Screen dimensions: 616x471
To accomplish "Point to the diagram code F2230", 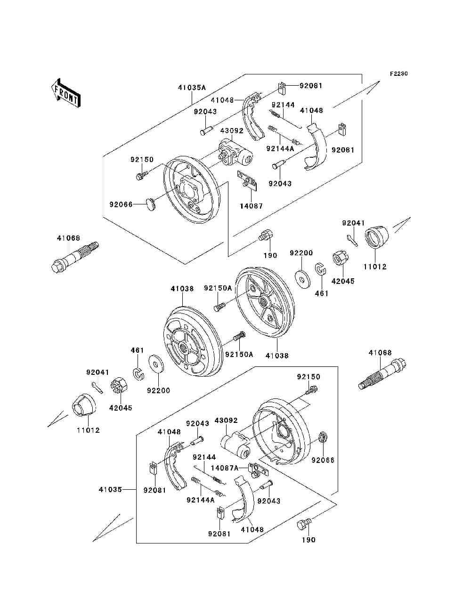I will pyautogui.click(x=398, y=74).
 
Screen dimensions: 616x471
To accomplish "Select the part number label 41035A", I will pyautogui.click(x=192, y=87).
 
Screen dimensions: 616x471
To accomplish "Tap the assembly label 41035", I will pyautogui.click(x=110, y=489).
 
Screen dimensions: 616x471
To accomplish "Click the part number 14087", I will pyautogui.click(x=251, y=206).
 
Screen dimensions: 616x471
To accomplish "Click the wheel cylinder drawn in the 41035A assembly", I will pyautogui.click(x=234, y=153).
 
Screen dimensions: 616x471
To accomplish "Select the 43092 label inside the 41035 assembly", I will pyautogui.click(x=226, y=420).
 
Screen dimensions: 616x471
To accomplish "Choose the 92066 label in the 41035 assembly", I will pyautogui.click(x=323, y=460).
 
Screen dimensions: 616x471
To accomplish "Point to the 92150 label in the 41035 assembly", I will pyautogui.click(x=308, y=376).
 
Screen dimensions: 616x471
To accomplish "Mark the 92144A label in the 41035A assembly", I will pyautogui.click(x=280, y=148).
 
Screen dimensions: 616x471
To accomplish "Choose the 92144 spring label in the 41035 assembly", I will pyautogui.click(x=204, y=457).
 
